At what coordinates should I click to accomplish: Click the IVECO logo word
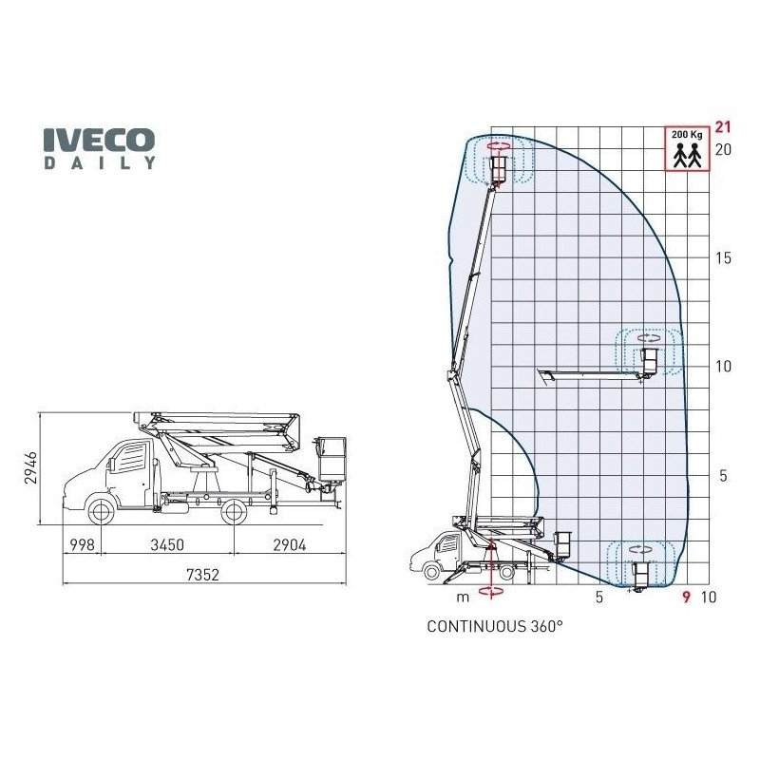point(99,140)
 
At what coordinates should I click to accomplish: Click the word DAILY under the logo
point(99,162)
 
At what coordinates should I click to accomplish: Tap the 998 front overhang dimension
point(84,545)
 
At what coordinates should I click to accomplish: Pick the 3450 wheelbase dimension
point(167,545)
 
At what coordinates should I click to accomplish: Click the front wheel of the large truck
point(101,511)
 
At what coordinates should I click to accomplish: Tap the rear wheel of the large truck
point(233,511)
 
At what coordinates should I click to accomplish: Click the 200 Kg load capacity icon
point(684,148)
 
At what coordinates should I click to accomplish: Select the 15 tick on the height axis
point(723,258)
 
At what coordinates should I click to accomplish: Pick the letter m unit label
point(464,598)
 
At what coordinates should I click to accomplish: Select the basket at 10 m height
point(651,361)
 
